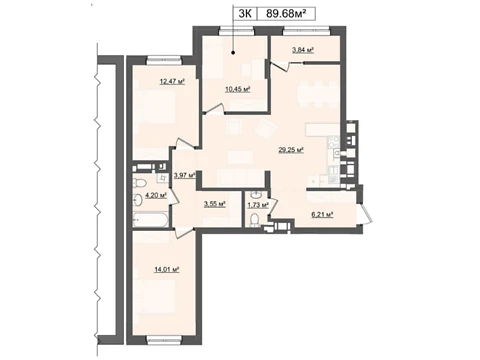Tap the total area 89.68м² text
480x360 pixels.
pyautogui.click(x=286, y=14)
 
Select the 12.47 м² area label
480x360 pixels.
pyautogui.click(x=172, y=81)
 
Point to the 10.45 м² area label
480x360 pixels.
pyautogui.click(x=238, y=89)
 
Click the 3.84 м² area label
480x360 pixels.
pyautogui.click(x=303, y=50)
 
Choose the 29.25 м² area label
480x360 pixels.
pyautogui.click(x=291, y=150)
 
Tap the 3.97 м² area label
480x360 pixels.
pyautogui.click(x=184, y=175)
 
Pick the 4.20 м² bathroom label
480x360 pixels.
pyautogui.click(x=156, y=195)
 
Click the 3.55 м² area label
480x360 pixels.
pyautogui.click(x=215, y=204)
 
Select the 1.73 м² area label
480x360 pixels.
pyautogui.click(x=258, y=205)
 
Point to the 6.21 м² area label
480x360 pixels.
pyautogui.click(x=322, y=215)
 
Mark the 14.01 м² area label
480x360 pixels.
pyautogui.click(x=167, y=269)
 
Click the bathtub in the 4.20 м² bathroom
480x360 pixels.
pyautogui.click(x=149, y=220)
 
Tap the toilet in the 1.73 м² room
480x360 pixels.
pyautogui.click(x=255, y=220)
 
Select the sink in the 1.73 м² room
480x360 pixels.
pyautogui.click(x=256, y=194)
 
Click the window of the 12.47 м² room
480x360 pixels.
pyautogui.click(x=164, y=61)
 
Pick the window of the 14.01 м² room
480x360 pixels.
pyautogui.click(x=164, y=340)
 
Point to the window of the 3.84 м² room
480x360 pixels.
pyautogui.click(x=306, y=31)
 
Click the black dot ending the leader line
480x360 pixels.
pyautogui.click(x=233, y=52)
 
